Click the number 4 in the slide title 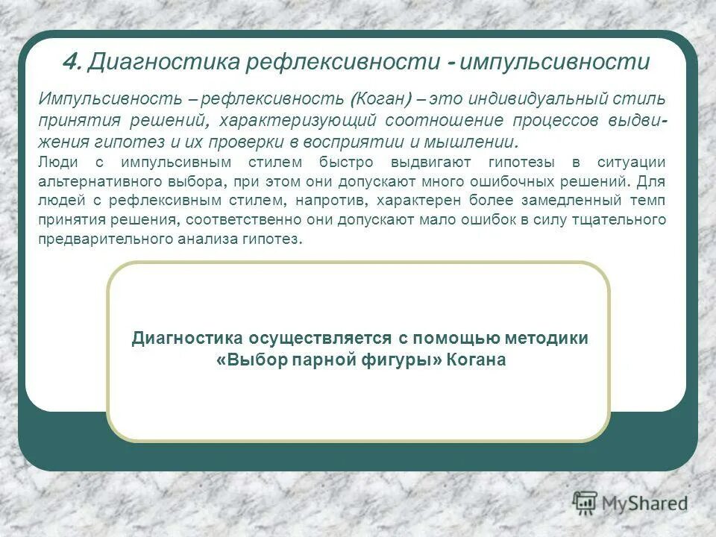pyautogui.click(x=69, y=63)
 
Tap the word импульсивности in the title pyautogui.click(x=555, y=63)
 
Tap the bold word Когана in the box pyautogui.click(x=477, y=360)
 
